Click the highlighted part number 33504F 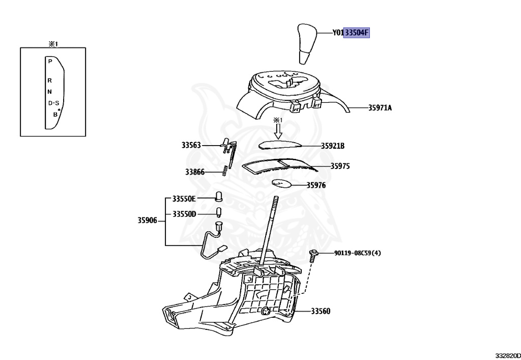point(356,33)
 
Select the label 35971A point(380,108)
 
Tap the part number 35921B point(333,146)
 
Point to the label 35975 point(340,166)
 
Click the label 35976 point(316,185)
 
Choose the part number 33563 point(192,145)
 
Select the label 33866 point(195,172)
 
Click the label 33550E point(184,198)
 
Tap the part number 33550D point(184,214)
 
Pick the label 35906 point(147,220)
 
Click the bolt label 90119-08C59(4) point(357,253)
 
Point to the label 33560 point(321,311)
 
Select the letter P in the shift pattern point(50,61)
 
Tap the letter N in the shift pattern point(49,92)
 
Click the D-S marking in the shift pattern point(53,103)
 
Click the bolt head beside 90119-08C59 point(314,253)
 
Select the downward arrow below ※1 point(277,131)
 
